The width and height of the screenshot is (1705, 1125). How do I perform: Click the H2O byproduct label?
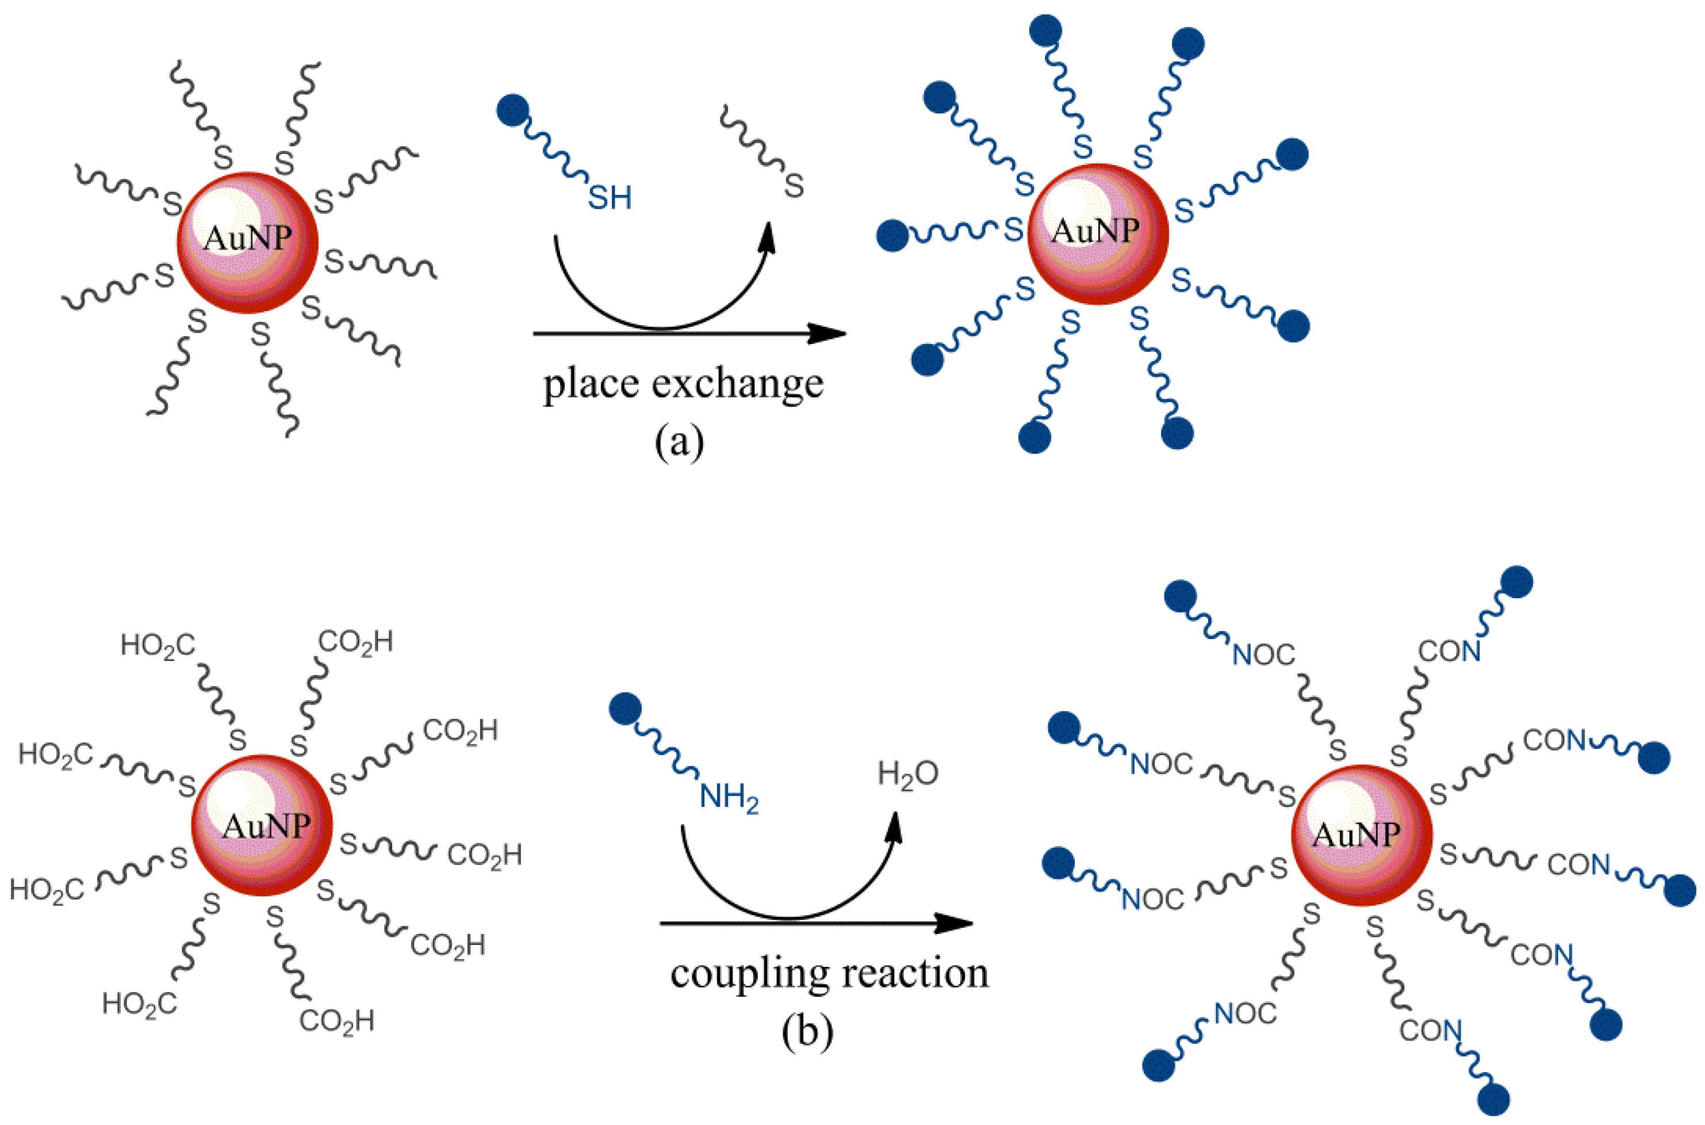907,774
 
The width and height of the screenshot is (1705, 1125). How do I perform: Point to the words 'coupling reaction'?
829,974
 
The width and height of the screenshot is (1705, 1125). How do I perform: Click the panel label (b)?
807,1032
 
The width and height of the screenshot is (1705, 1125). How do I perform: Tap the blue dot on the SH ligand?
513,111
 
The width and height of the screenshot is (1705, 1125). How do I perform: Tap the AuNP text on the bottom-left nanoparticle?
266,826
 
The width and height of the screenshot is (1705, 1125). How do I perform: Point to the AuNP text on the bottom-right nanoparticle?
1356,835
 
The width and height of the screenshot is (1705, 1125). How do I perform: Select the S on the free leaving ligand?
794,186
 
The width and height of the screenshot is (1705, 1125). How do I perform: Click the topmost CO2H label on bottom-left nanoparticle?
355,642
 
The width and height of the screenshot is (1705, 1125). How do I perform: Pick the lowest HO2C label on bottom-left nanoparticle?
139,1003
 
